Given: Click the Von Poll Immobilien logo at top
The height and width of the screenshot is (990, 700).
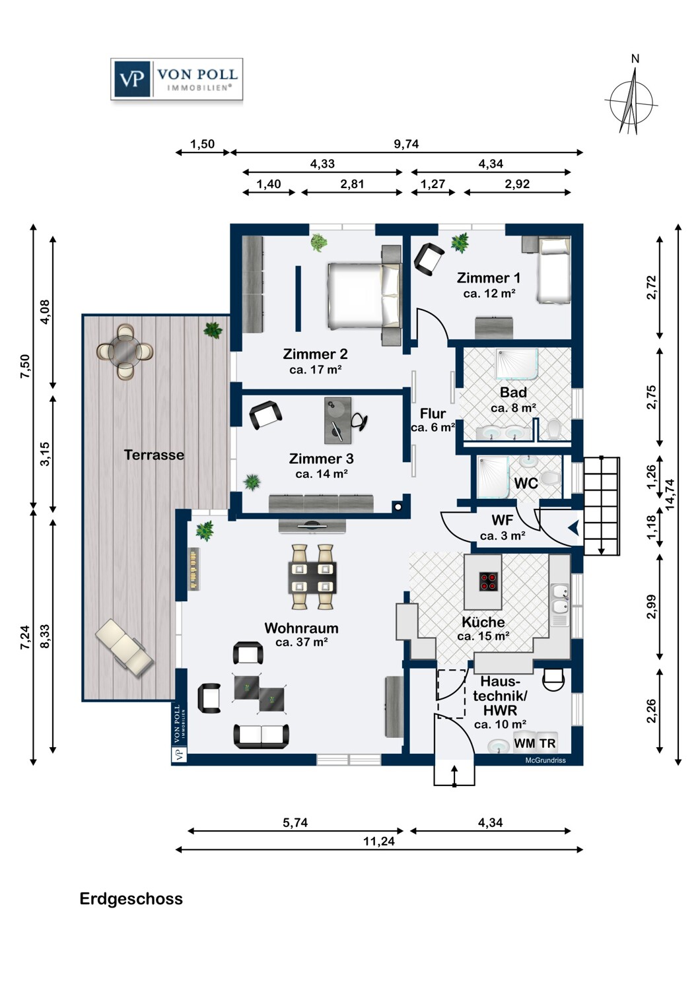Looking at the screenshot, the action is point(176,79).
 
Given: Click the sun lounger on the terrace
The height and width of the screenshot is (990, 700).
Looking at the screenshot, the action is point(124,645).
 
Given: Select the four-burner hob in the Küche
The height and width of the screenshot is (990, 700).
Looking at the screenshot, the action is point(488,581).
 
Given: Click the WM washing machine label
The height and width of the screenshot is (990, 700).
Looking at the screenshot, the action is point(524,743).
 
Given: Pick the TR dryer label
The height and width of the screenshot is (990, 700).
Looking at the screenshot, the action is point(547,743).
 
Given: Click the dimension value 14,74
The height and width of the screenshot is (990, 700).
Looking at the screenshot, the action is point(670,495).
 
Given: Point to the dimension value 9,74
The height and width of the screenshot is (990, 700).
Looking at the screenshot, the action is point(406,144).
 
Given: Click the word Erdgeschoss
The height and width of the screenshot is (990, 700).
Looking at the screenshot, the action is point(131,899).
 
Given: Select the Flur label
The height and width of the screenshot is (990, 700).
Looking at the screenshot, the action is point(433,414).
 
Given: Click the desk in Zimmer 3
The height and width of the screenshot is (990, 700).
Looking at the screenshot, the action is point(338,420).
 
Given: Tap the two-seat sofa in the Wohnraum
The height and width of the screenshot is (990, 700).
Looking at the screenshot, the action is point(262,737).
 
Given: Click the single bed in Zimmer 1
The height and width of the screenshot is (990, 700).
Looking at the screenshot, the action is point(553,270).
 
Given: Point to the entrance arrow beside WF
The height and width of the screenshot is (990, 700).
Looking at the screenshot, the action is point(573,528).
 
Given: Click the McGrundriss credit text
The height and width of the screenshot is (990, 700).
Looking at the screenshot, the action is point(545,760).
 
